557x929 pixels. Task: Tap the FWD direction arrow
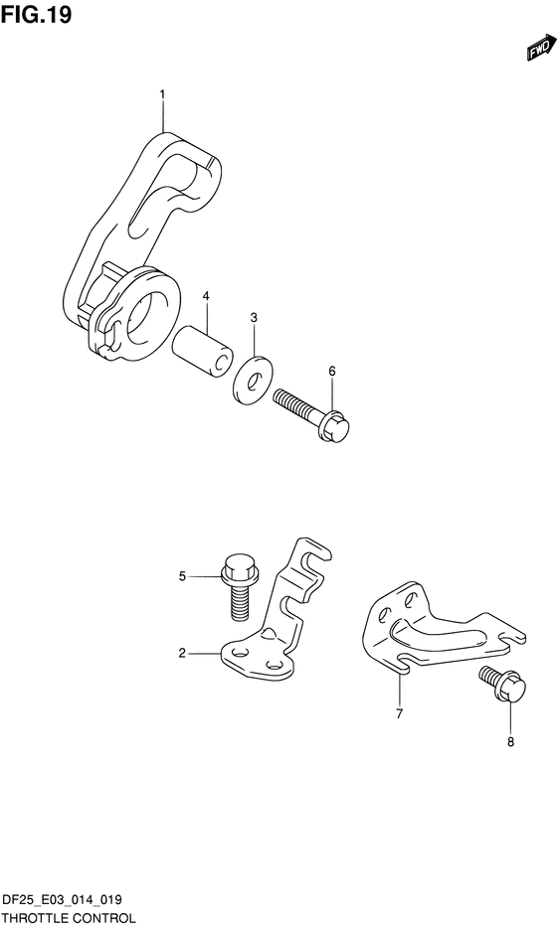pyautogui.click(x=541, y=48)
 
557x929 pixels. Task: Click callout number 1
pyautogui.click(x=162, y=93)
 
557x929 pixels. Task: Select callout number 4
pyautogui.click(x=206, y=295)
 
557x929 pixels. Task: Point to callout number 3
pyautogui.click(x=254, y=318)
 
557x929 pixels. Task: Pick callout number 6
pyautogui.click(x=331, y=371)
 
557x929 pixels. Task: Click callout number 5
pyautogui.click(x=182, y=576)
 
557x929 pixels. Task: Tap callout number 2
pyautogui.click(x=182, y=654)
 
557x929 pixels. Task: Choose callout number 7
pyautogui.click(x=399, y=713)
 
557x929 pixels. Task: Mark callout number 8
pyautogui.click(x=510, y=741)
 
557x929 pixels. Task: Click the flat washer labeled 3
pyautogui.click(x=252, y=381)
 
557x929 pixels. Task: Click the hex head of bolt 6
pyautogui.click(x=336, y=426)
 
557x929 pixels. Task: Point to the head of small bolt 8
pyautogui.click(x=511, y=690)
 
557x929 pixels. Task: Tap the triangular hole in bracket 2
pyautogui.click(x=269, y=635)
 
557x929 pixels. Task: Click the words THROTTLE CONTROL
pyautogui.click(x=69, y=919)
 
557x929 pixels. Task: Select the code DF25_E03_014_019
pyautogui.click(x=63, y=900)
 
